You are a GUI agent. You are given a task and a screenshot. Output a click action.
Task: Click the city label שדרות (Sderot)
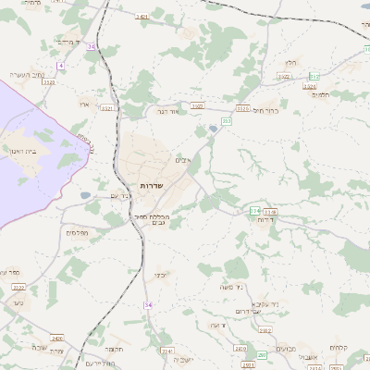coord(151,186)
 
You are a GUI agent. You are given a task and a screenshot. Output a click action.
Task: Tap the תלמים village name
coord(323,95)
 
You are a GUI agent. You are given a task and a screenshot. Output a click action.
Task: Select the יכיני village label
coord(160,275)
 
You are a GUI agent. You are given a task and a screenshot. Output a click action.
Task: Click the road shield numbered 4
coord(61,66)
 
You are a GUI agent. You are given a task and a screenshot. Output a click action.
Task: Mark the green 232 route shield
coord(227,120)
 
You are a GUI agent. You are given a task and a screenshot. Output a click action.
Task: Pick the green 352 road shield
coord(314,76)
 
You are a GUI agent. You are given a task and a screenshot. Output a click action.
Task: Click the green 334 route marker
coord(254,211)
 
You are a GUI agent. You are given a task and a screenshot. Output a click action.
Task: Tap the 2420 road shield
coord(57,339)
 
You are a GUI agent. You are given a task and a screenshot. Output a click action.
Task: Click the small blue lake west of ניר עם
coord(85,195)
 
